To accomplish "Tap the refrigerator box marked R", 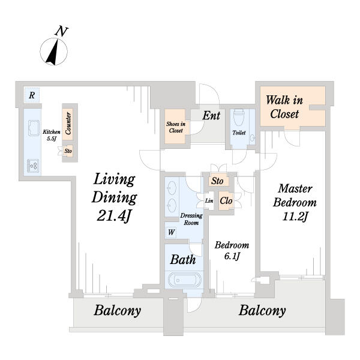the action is click(32, 95).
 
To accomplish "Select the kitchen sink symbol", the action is click(34, 128).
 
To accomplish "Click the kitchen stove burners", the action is click(33, 166).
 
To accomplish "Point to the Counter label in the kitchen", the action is click(68, 123).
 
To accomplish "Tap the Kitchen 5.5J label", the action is click(52, 135).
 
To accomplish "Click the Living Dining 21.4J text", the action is click(114, 197).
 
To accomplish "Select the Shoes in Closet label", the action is click(176, 127).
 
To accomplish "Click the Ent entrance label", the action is click(211, 115).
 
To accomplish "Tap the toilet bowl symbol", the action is click(238, 116).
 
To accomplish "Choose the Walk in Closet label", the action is click(284, 107).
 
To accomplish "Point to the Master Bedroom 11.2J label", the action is click(295, 203).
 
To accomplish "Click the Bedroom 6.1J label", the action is click(232, 250).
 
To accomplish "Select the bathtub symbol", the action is click(184, 280).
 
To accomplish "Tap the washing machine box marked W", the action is click(171, 232).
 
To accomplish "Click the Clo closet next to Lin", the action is click(226, 201).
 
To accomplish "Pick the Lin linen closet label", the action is click(209, 201).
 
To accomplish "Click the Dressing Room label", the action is click(191, 219).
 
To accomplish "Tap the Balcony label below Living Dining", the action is click(118, 311).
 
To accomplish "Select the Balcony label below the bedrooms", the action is click(262, 311).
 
